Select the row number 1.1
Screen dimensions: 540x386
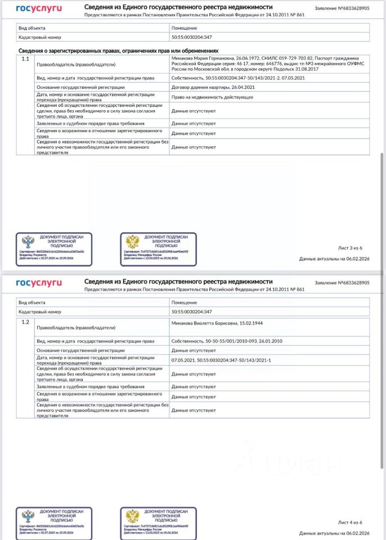click(x=25, y=58)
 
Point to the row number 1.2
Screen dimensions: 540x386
click(x=25, y=322)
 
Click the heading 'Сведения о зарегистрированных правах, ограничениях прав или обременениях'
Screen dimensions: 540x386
click(x=118, y=51)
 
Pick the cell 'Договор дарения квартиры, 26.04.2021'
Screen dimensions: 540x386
click(x=209, y=88)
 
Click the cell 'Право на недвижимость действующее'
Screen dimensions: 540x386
click(x=212, y=97)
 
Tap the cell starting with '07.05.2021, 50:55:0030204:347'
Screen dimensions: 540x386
click(x=221, y=359)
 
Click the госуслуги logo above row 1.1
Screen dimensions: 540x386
click(x=39, y=9)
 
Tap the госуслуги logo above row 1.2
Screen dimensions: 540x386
click(x=39, y=282)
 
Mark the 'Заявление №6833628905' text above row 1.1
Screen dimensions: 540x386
click(x=342, y=9)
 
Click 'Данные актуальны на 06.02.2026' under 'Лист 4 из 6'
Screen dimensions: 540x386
click(x=334, y=533)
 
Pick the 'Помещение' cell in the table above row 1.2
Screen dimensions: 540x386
click(x=184, y=302)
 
